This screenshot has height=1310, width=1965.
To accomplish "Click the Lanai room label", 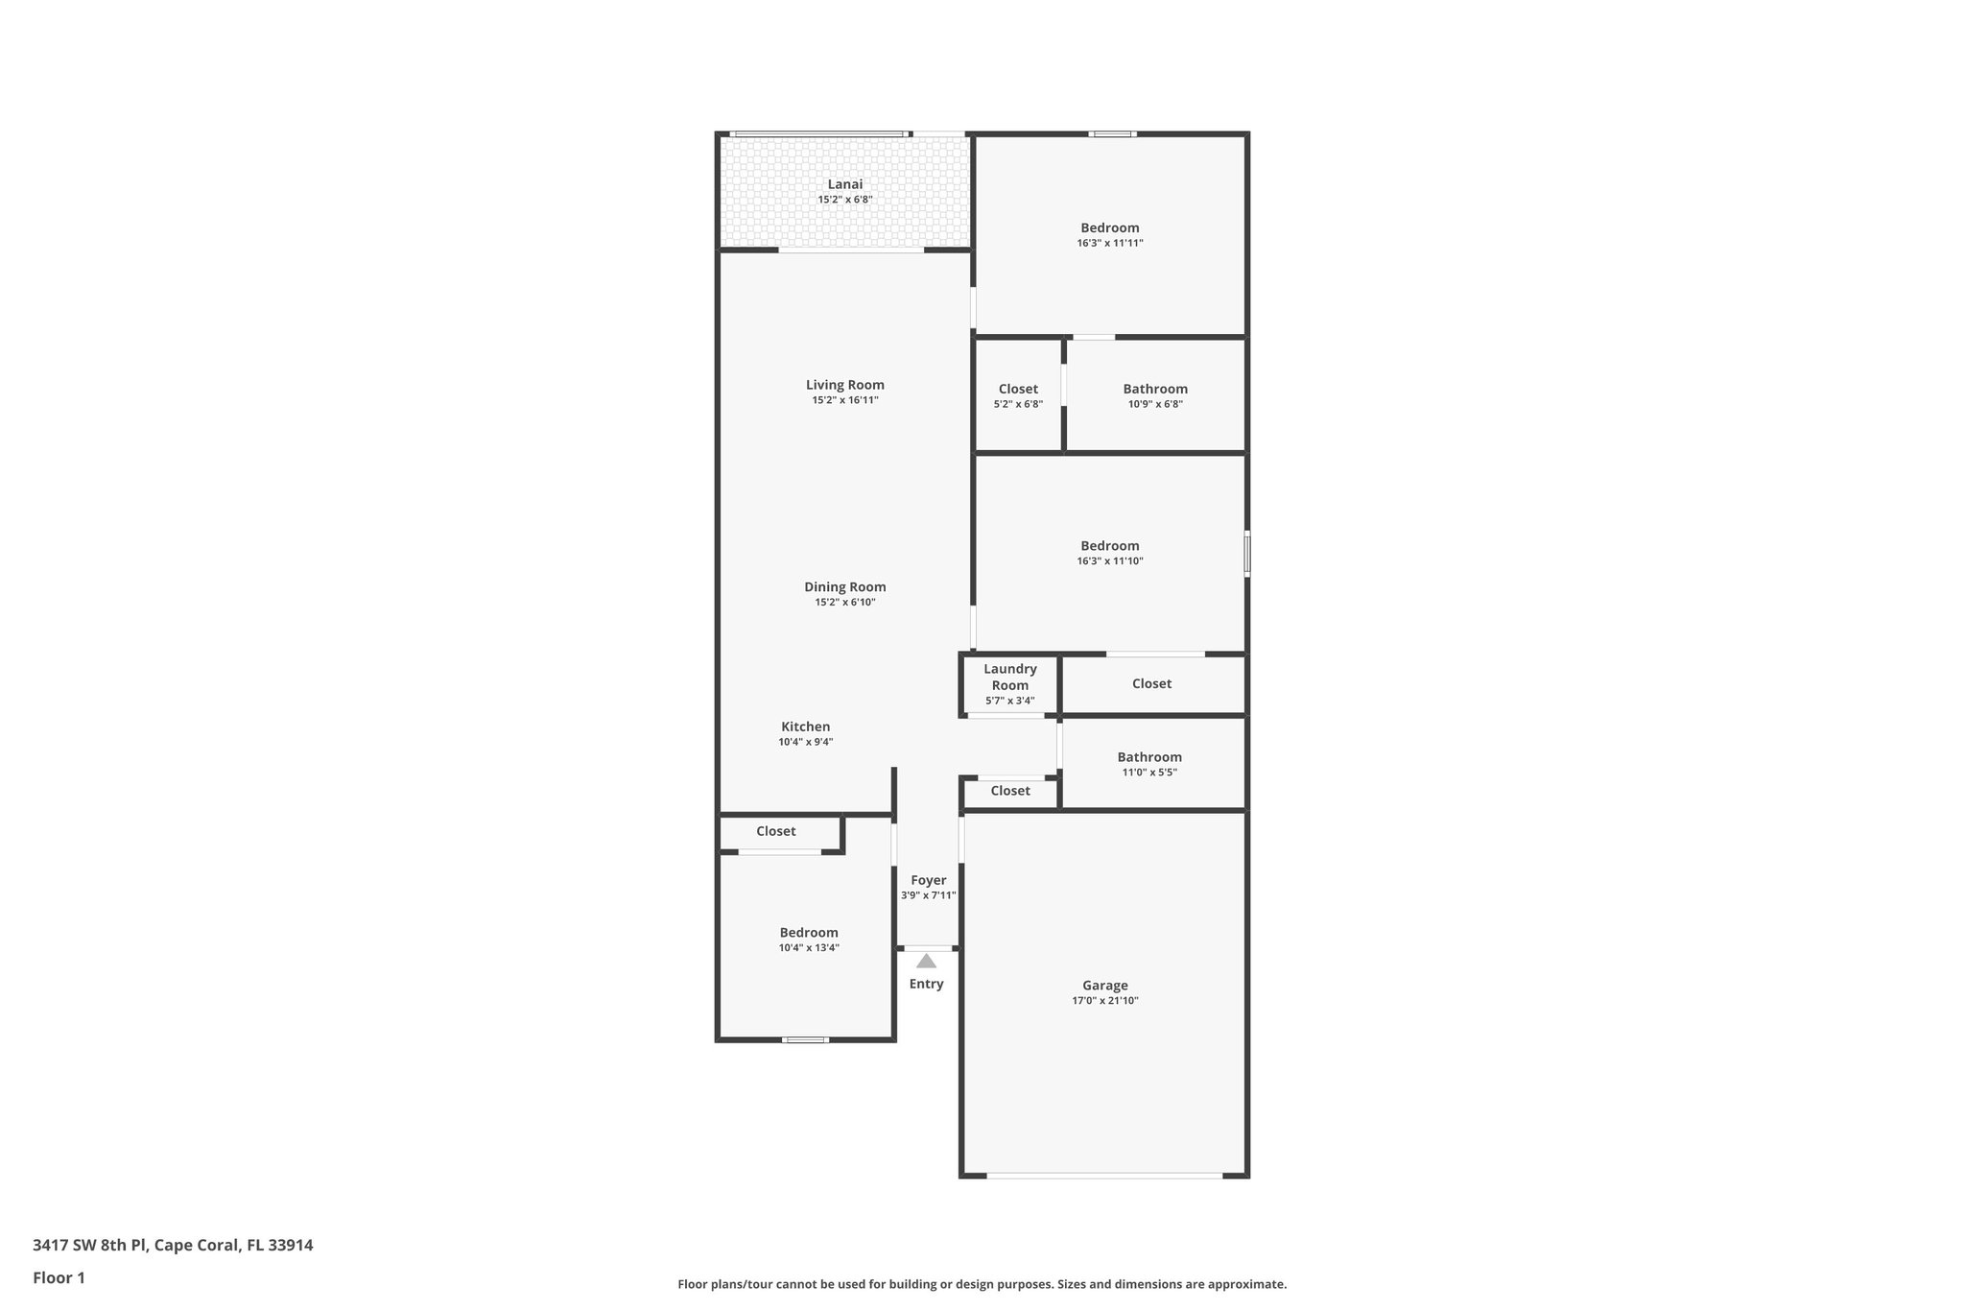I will (844, 184).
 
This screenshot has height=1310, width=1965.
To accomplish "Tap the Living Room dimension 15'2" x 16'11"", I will (844, 400).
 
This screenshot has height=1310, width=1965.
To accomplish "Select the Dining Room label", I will (844, 586).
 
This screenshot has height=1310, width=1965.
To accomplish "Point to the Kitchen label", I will (805, 726).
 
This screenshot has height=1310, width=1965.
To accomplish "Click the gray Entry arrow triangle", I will (926, 961).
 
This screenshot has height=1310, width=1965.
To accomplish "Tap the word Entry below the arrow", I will (926, 984).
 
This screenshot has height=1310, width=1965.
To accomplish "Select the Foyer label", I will (928, 880).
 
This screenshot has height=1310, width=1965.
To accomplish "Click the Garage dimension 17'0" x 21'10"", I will (1104, 1000).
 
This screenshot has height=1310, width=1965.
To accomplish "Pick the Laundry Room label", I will (1009, 677).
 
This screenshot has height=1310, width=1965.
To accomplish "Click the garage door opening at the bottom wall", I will (1104, 1175).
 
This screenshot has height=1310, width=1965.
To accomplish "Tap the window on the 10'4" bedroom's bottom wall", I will (805, 1039).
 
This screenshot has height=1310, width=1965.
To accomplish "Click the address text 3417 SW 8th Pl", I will (173, 1245).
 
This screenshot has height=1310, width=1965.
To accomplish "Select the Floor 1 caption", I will (59, 1277).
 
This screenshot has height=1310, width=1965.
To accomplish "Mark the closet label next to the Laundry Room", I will (1151, 683).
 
